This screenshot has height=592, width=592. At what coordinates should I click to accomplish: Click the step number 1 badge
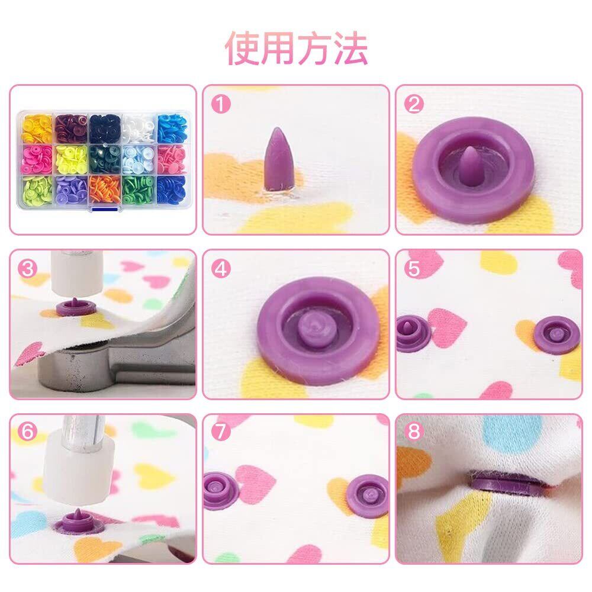[221, 104]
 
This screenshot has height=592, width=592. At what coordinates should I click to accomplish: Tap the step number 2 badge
[414, 104]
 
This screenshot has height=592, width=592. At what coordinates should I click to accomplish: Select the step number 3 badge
[28, 269]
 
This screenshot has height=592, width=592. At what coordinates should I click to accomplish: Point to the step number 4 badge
[221, 269]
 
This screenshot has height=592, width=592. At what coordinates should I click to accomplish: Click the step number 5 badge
[414, 269]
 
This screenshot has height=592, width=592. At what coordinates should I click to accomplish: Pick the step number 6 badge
[28, 431]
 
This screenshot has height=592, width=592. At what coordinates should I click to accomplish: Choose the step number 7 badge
[221, 431]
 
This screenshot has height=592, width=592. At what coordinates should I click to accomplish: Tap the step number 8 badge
[414, 431]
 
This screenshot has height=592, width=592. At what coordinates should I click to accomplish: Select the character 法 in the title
[350, 49]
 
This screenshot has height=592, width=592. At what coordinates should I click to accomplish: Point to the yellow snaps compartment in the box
[36, 128]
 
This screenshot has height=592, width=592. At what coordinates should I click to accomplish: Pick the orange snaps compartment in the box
[105, 190]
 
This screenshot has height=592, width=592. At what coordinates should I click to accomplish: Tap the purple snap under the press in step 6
[79, 523]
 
